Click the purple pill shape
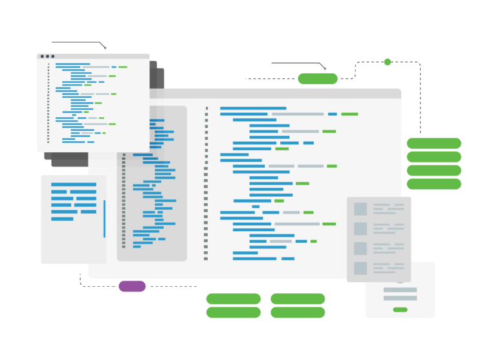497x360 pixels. click(132, 286)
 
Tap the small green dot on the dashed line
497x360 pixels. click(388, 62)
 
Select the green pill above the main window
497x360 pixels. click(317, 79)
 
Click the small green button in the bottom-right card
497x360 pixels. click(400, 309)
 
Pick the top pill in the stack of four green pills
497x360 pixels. click(434, 143)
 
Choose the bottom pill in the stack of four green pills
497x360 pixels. click(434, 184)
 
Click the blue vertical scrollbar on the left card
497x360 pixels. click(104, 219)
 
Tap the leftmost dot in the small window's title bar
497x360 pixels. click(42, 56)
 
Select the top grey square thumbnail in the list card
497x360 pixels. click(360, 209)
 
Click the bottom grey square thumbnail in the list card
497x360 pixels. click(360, 268)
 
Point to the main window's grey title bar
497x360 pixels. click(259, 93)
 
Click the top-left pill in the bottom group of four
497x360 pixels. click(233, 298)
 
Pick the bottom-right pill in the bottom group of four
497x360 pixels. click(298, 313)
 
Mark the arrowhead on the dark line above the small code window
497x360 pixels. click(105, 47)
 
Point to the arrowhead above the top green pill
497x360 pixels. click(324, 68)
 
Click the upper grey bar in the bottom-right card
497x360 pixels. click(400, 289)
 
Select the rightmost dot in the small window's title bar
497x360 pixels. click(53, 56)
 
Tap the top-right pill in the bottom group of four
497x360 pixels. click(298, 298)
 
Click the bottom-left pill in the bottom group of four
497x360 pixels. click(233, 313)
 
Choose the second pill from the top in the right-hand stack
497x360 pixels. click(434, 157)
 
